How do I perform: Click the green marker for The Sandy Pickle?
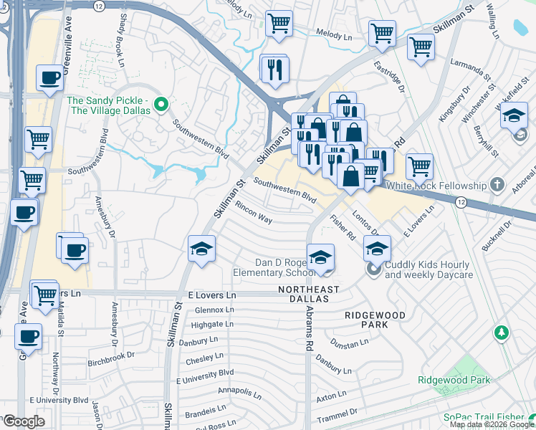coord(161,105)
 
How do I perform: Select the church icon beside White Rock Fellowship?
coord(496,186)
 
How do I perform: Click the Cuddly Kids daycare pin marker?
coord(373,269)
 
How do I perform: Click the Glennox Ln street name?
coord(214,310)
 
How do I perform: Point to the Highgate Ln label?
coord(214,324)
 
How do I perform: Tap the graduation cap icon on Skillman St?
coord(202,249)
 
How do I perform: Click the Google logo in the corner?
coord(24,421)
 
